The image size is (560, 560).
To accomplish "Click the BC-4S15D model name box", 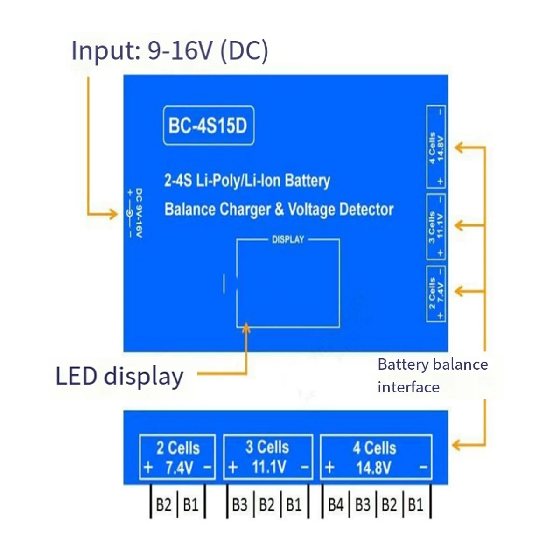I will [208, 126].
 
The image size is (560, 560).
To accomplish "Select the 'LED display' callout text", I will [119, 376].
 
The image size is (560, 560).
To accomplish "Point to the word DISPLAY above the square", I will [288, 239].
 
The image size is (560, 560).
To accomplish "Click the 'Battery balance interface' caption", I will [432, 375].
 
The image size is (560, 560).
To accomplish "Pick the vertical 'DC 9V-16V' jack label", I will [139, 213].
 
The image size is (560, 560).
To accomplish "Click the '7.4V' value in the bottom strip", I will [179, 468].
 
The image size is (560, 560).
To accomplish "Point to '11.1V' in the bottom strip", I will [269, 467].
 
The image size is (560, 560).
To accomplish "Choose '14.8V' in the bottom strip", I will [373, 468].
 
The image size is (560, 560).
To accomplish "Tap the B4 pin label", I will [336, 505].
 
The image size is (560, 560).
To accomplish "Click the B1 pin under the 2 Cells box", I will [191, 505].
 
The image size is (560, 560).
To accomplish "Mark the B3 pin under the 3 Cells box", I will [239, 505].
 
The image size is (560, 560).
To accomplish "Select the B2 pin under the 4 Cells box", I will [389, 505].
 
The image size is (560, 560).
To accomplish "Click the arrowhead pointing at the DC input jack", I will [113, 214].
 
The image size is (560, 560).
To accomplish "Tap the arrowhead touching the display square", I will [246, 329].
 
